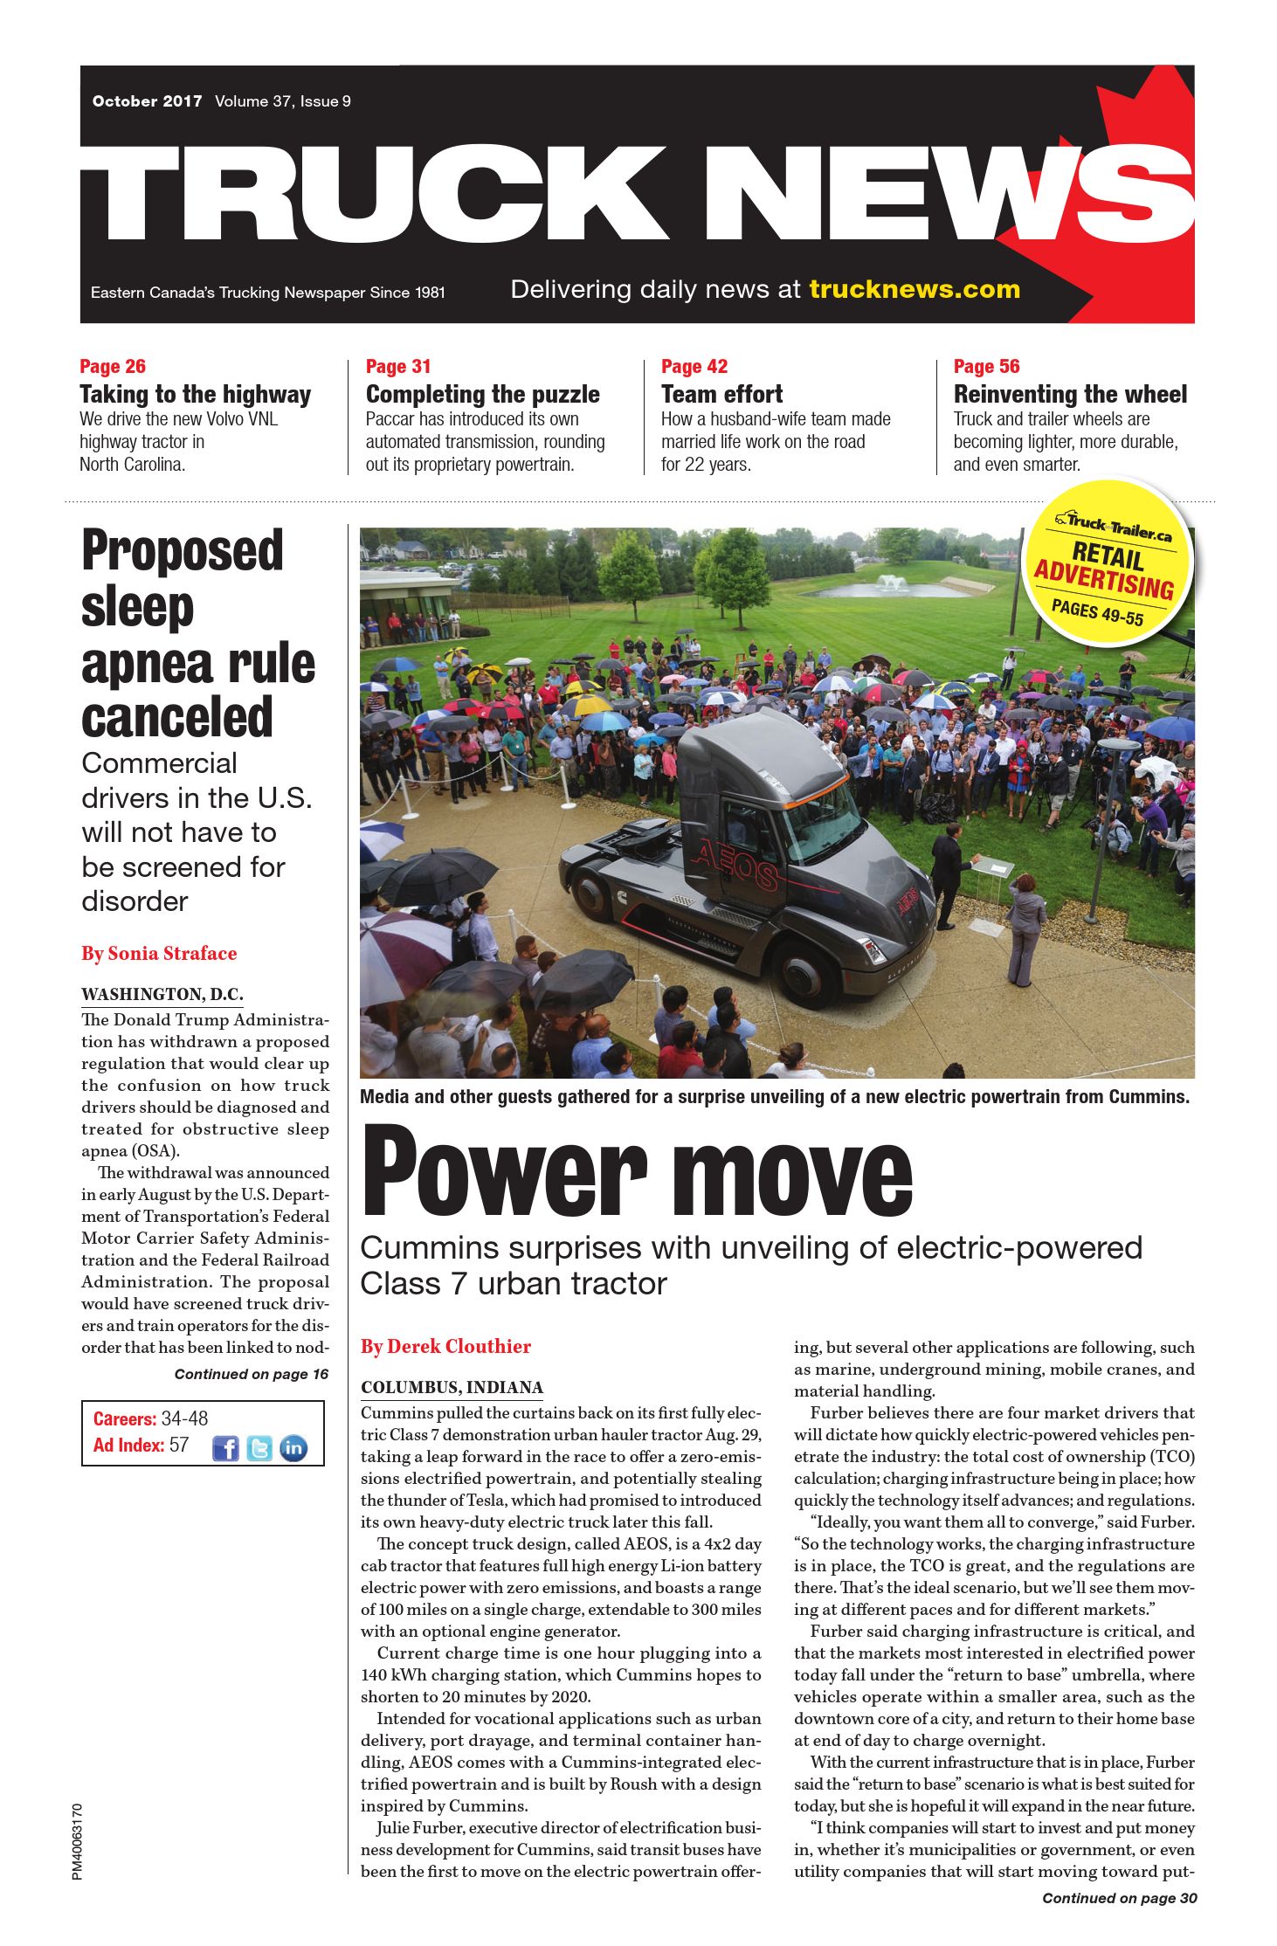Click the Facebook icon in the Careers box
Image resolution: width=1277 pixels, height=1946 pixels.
point(225,1448)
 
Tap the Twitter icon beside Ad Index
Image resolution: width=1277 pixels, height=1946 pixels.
point(259,1448)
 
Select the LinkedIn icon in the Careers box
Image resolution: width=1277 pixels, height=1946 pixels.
point(293,1448)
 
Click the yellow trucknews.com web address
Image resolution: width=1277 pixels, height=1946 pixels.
point(915,289)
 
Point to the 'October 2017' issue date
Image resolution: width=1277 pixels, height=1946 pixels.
point(147,101)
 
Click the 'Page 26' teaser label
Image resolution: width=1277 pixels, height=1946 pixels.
point(113,366)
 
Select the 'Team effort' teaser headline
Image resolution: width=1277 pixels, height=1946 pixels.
point(721,394)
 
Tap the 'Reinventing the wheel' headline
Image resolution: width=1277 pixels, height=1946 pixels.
point(1070,394)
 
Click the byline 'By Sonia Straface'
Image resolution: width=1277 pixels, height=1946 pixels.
point(159,953)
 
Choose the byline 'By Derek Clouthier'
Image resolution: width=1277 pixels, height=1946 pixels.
point(445,1346)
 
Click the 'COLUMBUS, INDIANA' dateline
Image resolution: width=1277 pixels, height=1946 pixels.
point(452,1387)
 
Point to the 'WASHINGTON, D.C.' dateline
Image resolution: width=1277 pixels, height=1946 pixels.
point(162,994)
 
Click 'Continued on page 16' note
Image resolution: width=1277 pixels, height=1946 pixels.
point(251,1374)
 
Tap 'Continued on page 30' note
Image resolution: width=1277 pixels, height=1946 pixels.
point(1119,1898)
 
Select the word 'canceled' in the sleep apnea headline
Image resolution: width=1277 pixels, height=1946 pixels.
point(177,718)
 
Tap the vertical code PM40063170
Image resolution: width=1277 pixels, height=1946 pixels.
point(78,1841)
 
